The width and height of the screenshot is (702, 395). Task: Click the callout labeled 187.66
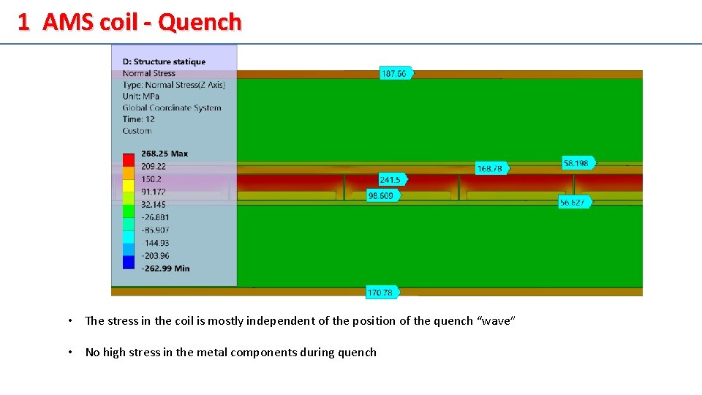[394, 73]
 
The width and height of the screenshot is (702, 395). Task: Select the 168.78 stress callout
[490, 168]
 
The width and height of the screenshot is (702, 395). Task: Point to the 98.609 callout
[381, 195]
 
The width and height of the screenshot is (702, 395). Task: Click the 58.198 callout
[577, 162]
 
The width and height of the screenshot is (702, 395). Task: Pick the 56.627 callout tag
[573, 202]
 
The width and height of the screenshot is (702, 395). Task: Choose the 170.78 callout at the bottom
[380, 293]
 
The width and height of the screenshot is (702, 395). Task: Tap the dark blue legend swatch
[129, 262]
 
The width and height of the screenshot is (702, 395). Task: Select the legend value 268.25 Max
[165, 154]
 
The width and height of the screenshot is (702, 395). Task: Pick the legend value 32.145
[154, 205]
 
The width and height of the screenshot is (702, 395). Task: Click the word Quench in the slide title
[200, 23]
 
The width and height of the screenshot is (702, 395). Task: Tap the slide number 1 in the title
[24, 23]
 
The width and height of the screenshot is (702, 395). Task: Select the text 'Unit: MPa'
[140, 96]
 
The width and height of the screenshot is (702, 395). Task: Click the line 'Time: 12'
[138, 119]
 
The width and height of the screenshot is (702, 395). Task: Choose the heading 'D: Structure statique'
[164, 62]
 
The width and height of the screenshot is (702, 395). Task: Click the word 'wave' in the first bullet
[496, 320]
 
